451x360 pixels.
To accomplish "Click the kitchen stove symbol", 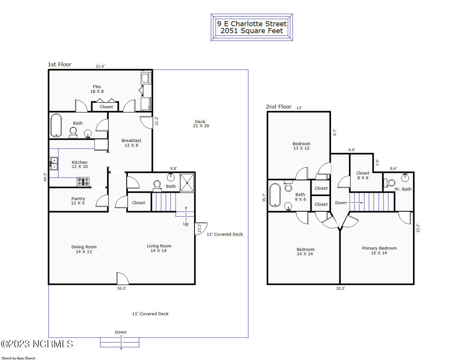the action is point(83,181).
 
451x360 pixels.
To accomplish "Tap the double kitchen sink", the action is point(54,163).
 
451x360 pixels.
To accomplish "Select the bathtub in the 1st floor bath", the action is point(56,125).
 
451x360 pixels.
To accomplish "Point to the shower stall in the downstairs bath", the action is point(187,183).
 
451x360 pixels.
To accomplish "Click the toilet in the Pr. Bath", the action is point(389,183).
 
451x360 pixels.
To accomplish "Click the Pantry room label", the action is point(78,201).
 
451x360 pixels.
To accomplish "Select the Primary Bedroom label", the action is point(379,250).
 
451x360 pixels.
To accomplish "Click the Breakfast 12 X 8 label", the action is point(132,143).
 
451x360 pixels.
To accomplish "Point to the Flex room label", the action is point(97,89).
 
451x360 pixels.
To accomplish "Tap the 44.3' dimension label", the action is point(45,177).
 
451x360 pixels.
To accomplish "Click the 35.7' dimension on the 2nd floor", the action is point(264,198).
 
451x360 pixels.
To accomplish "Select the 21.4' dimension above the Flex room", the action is point(100,66).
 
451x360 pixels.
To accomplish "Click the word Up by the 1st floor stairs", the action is point(186,224).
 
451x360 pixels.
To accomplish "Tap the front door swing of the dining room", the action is point(122,278).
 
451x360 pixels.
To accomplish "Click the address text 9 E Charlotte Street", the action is point(252,24).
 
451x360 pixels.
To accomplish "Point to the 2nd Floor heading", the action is point(278,107).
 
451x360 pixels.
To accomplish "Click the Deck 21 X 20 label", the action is point(201,124).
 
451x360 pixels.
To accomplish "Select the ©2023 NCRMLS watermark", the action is point(37,344).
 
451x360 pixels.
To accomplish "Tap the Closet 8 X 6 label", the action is point(363,175).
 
